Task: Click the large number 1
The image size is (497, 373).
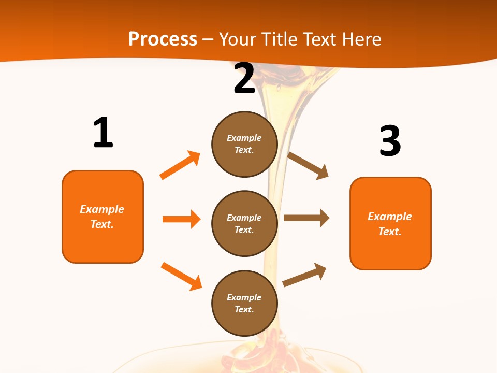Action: [x=103, y=133]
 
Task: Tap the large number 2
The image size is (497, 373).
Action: [x=244, y=78]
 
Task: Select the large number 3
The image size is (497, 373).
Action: [x=390, y=141]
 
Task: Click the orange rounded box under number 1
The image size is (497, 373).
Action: [x=103, y=217]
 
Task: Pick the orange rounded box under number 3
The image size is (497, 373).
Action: [x=390, y=223]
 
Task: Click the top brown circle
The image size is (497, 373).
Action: [x=244, y=144]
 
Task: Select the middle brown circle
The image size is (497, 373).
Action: [x=244, y=223]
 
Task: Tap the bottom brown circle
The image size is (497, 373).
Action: [x=244, y=303]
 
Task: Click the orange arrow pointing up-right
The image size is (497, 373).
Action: [x=180, y=165]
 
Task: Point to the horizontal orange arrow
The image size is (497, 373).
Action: [x=181, y=219]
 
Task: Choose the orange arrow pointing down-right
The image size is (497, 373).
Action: [x=181, y=276]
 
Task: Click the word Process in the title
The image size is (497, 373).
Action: [x=163, y=39]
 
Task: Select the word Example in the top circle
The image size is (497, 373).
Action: [x=244, y=138]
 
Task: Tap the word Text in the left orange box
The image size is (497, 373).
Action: [x=102, y=224]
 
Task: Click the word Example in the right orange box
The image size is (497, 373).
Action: [x=390, y=217]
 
